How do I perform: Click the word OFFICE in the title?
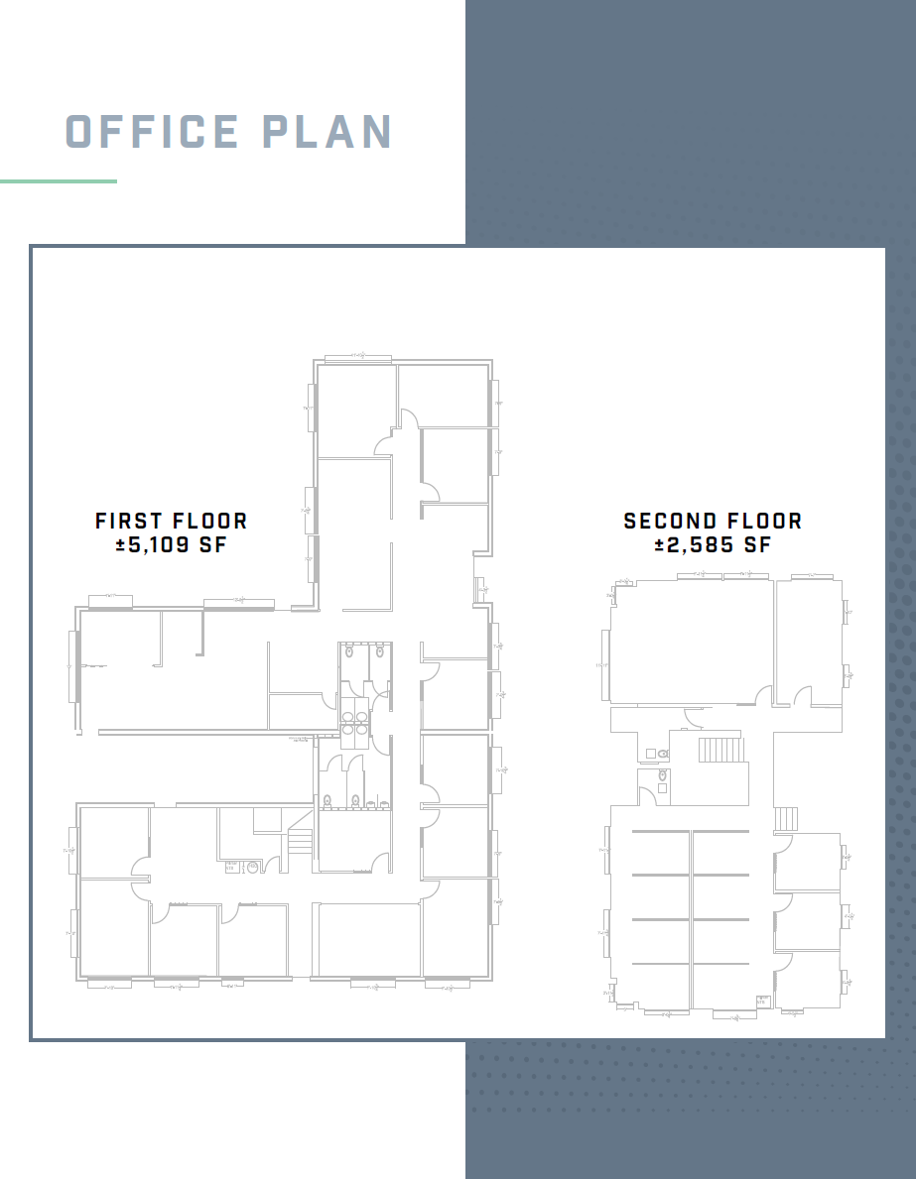152,132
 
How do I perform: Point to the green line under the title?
59,181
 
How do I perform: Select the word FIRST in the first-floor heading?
129,521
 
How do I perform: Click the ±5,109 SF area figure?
171,544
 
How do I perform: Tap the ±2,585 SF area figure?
713,544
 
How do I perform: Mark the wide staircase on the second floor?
720,749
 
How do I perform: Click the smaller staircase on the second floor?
785,818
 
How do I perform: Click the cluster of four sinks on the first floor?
355,721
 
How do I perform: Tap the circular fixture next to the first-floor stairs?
252,867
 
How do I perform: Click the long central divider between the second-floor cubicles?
691,917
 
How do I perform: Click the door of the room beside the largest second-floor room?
803,698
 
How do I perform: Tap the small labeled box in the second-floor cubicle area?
762,1001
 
